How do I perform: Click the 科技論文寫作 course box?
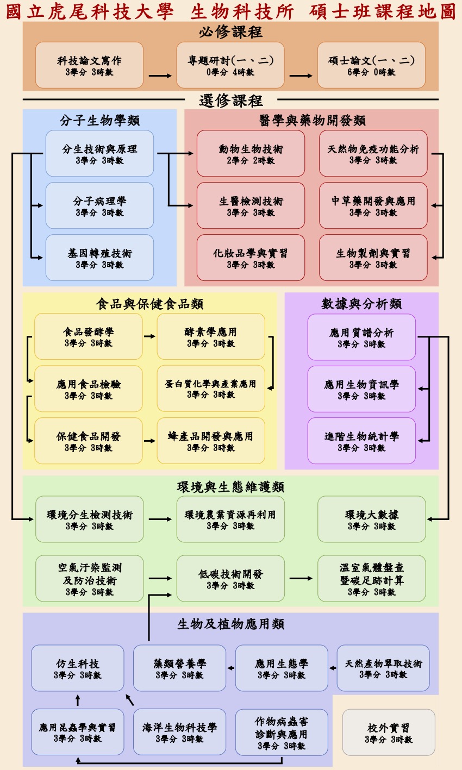coord(89,65)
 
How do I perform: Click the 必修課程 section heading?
coord(230,32)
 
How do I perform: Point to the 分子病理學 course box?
coord(99,205)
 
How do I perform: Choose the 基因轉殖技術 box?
coord(99,258)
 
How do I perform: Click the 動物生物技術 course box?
coord(251,153)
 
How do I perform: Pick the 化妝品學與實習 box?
coord(251,258)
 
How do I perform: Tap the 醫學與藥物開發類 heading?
coord(312,120)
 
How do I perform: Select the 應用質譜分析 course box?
coord(361,337)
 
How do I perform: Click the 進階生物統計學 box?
coord(361,441)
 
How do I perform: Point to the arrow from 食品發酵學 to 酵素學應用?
coord(149,336)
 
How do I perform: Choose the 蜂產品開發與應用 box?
coord(211,441)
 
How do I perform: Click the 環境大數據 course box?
coord(372,519)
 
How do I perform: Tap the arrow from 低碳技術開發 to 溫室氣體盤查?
coord(301,578)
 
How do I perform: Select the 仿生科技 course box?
coord(78,668)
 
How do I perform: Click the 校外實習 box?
coord(389,733)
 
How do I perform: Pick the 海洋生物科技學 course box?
coord(179,732)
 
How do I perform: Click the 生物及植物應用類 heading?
coord(230,624)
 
